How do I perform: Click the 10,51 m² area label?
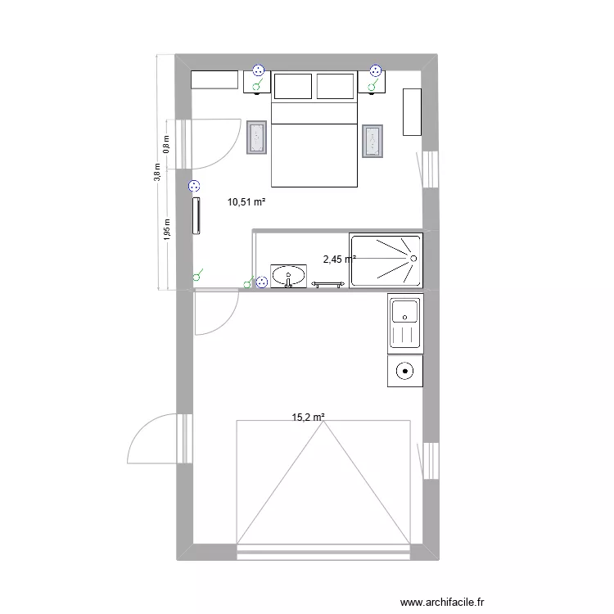[x=248, y=202]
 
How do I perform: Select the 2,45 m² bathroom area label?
[x=339, y=260]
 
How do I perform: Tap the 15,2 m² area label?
[x=309, y=417]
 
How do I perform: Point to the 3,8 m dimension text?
[x=158, y=173]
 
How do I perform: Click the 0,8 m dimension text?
[x=166, y=145]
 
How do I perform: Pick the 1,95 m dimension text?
[x=166, y=229]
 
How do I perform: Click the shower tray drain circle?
[x=413, y=259]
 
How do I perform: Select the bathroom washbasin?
[x=288, y=276]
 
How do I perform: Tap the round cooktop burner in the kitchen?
[x=405, y=370]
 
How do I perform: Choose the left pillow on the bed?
[x=294, y=86]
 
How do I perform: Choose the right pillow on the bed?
[x=336, y=86]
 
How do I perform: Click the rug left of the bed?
[x=257, y=138]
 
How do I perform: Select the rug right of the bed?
[x=373, y=141]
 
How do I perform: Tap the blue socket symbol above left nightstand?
[x=259, y=71]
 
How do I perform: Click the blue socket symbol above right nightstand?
[x=377, y=71]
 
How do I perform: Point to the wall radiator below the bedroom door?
[x=196, y=215]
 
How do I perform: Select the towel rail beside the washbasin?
[x=328, y=284]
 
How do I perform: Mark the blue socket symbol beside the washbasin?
[x=261, y=282]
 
